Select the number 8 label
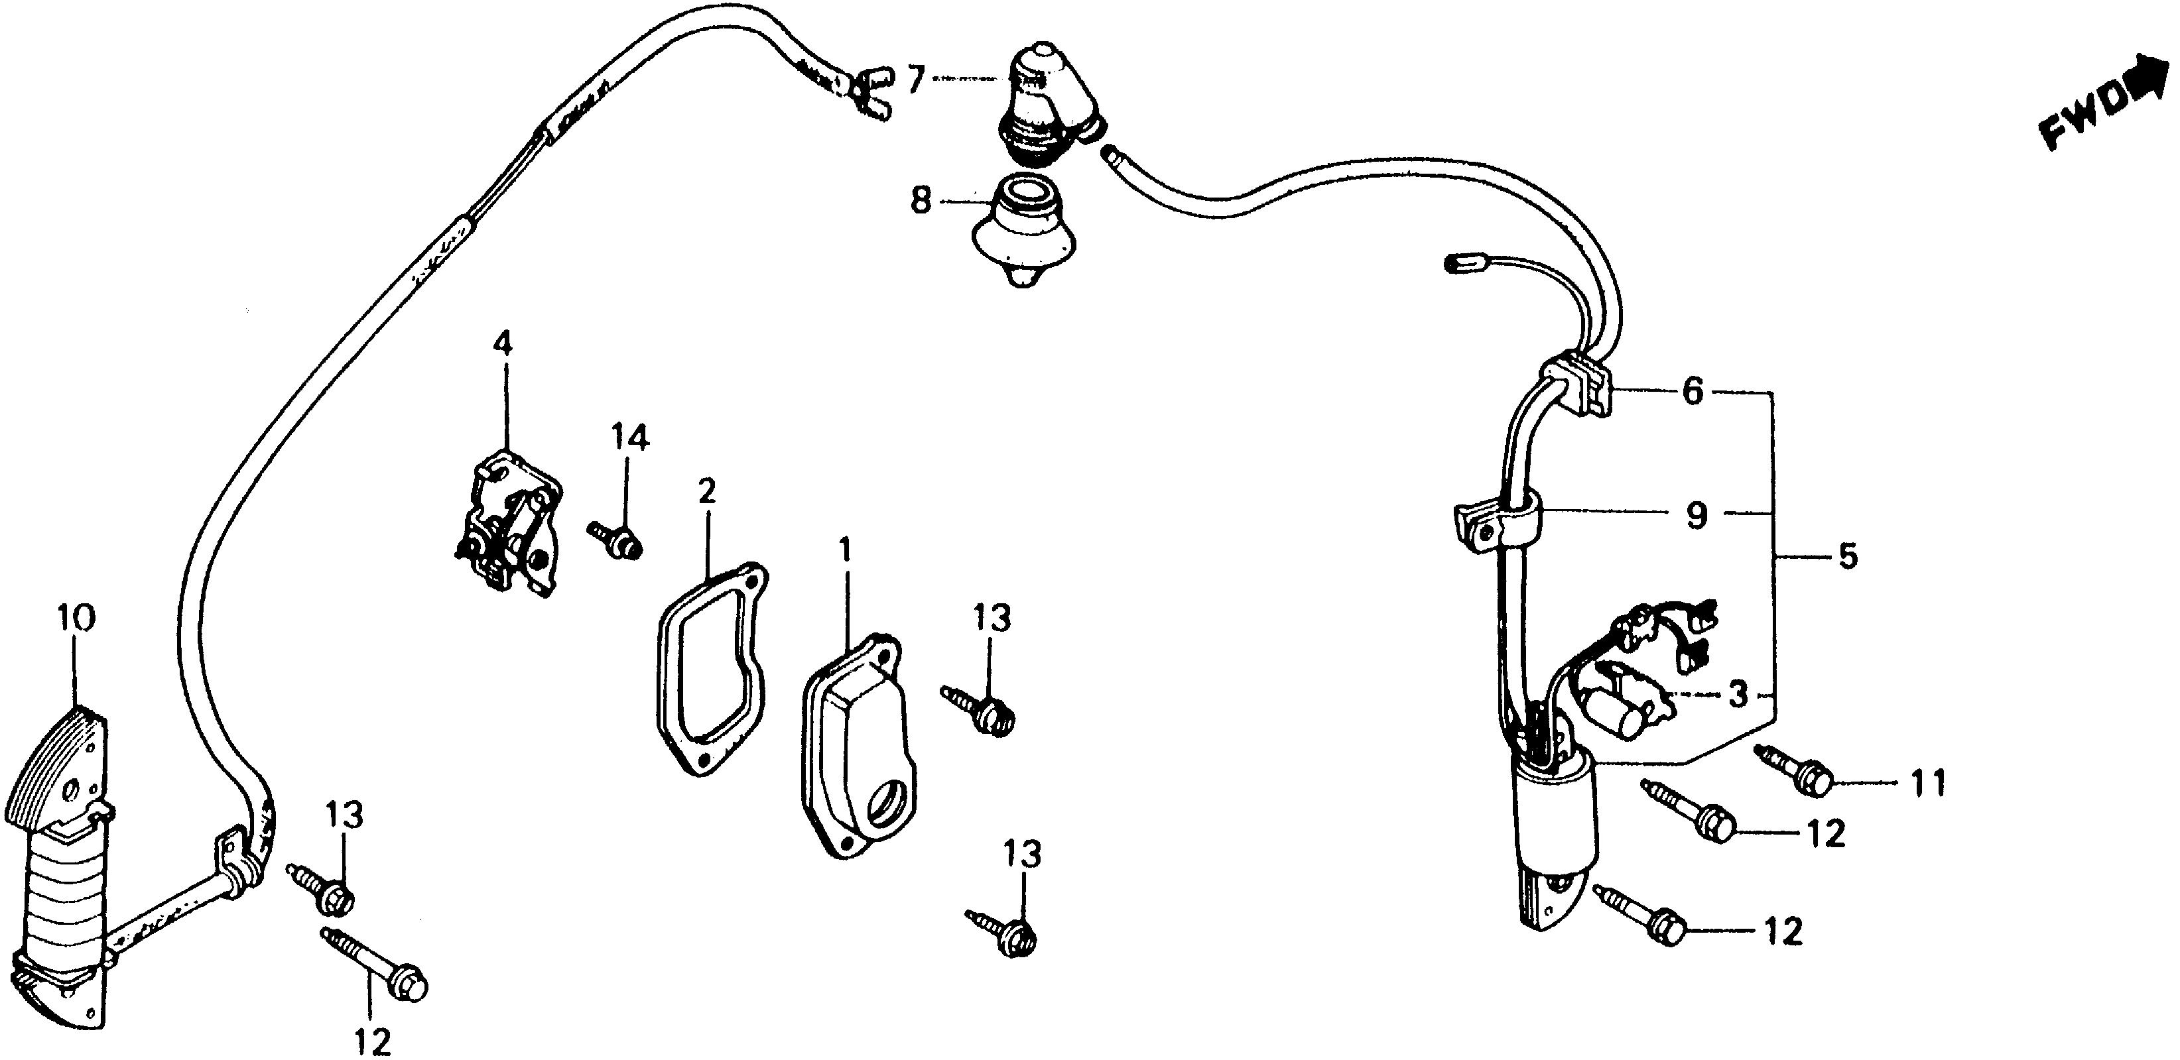[921, 202]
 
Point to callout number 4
[503, 344]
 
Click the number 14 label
[631, 438]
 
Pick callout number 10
[76, 618]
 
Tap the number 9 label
[1696, 515]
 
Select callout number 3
[1738, 695]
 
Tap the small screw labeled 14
[616, 539]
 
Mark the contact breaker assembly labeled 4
[508, 529]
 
